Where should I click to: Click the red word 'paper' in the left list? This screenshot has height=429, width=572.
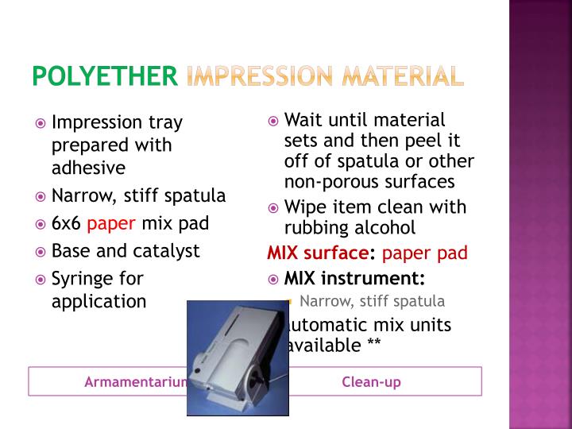click(112, 223)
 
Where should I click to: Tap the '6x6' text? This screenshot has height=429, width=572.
click(66, 223)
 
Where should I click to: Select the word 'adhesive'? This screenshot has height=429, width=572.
click(88, 168)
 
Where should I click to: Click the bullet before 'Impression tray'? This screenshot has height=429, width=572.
click(41, 124)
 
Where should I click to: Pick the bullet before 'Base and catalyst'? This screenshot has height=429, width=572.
click(41, 252)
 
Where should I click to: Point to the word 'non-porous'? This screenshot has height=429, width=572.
click(326, 181)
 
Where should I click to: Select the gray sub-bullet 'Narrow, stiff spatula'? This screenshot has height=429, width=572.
click(372, 301)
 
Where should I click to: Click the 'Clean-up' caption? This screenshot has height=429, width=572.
click(371, 382)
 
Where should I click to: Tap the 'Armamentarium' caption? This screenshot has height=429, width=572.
click(136, 382)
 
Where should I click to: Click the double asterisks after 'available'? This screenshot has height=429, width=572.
click(373, 344)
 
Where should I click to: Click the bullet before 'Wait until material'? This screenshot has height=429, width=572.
click(272, 122)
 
